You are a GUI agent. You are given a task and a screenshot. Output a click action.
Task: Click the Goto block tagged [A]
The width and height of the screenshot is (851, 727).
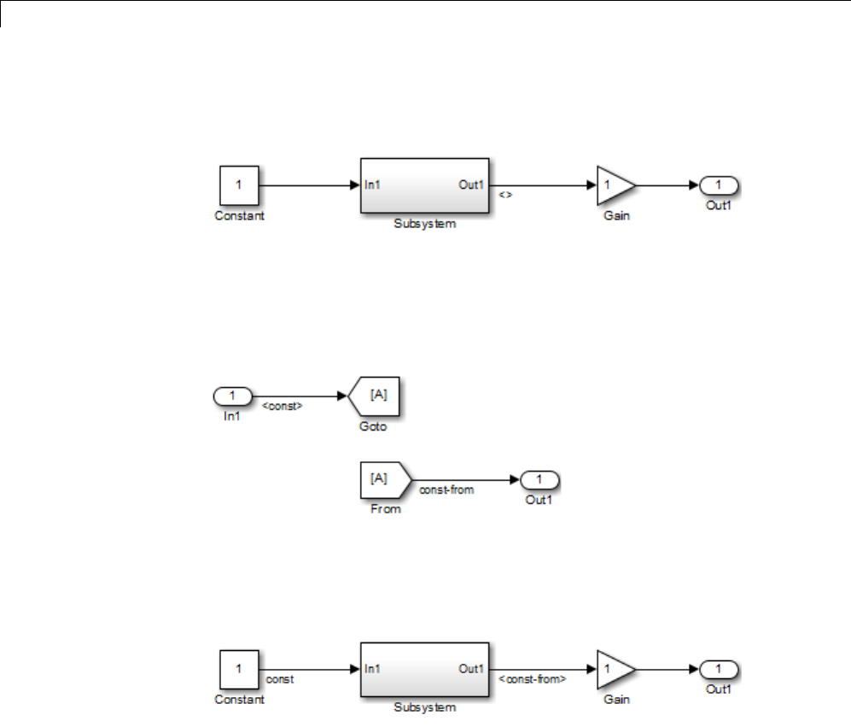coord(376,396)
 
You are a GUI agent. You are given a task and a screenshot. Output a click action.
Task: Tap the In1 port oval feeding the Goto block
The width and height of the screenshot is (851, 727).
coord(232,396)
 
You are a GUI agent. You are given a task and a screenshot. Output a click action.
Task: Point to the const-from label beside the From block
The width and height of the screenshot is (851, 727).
coord(446,490)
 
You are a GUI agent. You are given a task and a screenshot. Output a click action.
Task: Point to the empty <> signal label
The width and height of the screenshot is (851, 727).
coord(504,195)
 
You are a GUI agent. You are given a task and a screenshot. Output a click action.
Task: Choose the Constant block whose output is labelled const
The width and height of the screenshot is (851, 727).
coord(239,669)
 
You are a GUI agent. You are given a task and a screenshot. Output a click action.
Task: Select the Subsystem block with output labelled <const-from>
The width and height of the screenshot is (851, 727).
coord(424,669)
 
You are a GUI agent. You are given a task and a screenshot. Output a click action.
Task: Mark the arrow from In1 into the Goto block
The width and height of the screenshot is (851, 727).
coord(299,396)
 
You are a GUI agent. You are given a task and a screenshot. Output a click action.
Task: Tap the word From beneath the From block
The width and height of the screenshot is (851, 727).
coord(387,509)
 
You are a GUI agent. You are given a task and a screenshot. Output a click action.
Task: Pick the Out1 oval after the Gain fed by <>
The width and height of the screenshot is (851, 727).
coord(719,185)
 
